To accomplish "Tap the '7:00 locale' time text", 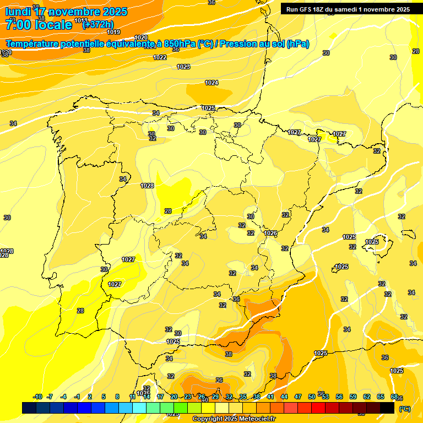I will click(39, 24).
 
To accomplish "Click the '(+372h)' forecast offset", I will click(98, 24).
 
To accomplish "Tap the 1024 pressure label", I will click(211, 83).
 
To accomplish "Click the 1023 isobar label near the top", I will click(183, 67).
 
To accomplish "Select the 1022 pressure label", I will click(160, 57).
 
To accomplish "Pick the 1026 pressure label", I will click(270, 233).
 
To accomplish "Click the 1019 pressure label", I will click(113, 32).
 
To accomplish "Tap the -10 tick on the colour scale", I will click(37, 397).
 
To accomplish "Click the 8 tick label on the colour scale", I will click(117, 397).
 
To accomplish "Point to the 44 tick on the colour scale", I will click(284, 397).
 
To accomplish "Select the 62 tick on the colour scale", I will click(367, 397).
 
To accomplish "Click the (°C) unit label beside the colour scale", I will click(404, 409).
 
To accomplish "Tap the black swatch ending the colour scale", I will click(387, 408).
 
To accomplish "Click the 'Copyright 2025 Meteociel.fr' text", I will click(234, 419).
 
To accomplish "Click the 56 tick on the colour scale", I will click(339, 397).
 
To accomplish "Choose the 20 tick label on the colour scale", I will click(174, 397).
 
